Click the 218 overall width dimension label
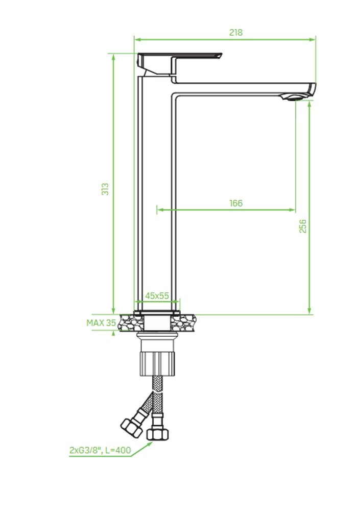pos(236,33)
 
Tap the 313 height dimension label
pos(105,189)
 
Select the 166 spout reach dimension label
pos(236,203)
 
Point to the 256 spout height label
pos(303,226)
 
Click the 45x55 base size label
pos(157,295)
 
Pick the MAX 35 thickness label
pos(101,322)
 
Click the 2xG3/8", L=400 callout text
pos(100,450)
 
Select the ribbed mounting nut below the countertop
pos(158,363)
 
